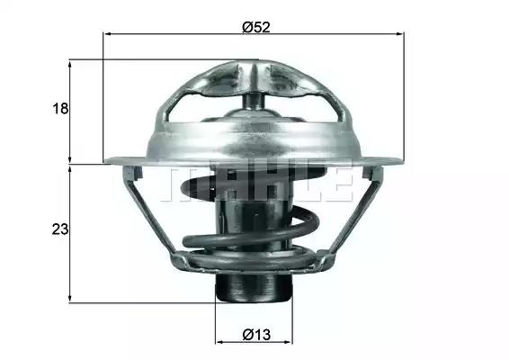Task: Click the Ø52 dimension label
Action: point(256,27)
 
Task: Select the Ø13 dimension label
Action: point(256,335)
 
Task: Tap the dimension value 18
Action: point(60,108)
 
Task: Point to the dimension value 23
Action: point(60,229)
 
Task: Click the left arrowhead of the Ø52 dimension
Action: point(107,33)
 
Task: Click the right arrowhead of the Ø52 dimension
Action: point(400,33)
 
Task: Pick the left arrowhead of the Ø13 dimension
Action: point(220,342)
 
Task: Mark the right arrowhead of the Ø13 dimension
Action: point(289,342)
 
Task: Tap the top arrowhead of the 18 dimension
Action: point(69,64)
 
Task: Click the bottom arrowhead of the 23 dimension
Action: point(69,299)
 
